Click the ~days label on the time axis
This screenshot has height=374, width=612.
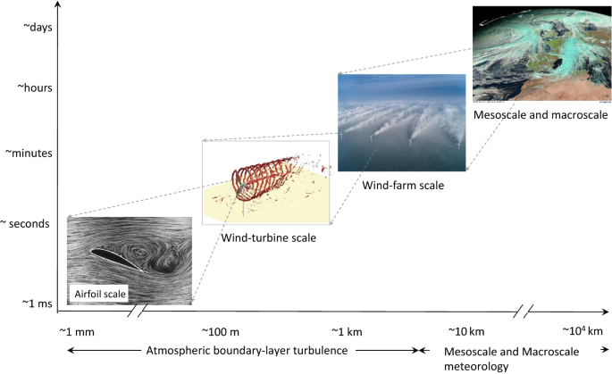tap(38, 28)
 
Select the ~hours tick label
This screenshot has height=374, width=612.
tap(35, 87)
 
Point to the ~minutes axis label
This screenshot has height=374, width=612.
tap(29, 154)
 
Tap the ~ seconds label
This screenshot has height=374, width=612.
tap(25, 224)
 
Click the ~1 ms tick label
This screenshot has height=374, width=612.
tap(38, 303)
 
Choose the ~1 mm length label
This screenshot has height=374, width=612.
tap(77, 332)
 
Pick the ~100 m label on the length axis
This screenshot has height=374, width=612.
tap(220, 332)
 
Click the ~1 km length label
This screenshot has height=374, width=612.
tap(347, 332)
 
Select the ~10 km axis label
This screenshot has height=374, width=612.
tap(466, 332)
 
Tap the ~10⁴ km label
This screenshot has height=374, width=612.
tap(583, 331)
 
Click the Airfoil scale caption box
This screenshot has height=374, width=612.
tap(100, 294)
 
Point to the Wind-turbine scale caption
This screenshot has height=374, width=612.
tap(269, 238)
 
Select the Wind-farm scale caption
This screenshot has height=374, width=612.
tap(403, 186)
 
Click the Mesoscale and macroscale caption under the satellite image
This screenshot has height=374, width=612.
tap(541, 115)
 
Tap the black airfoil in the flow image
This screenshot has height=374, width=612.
tap(117, 260)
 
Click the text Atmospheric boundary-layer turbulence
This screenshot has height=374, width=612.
tap(247, 351)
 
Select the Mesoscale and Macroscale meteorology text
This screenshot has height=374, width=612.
tap(511, 359)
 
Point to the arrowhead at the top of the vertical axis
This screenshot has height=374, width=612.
tap(58, 4)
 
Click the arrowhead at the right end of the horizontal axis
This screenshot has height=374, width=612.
tap(606, 312)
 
